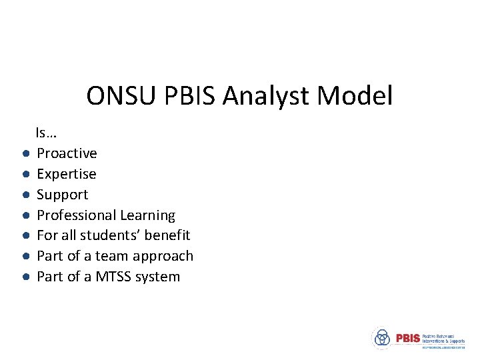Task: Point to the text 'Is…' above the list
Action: click(46, 133)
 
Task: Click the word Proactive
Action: click(67, 153)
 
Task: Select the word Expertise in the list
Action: click(66, 174)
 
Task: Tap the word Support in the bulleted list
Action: click(62, 195)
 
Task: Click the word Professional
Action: click(77, 215)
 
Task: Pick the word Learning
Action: click(148, 215)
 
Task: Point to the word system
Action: click(158, 277)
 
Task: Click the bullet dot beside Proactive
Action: click(24, 154)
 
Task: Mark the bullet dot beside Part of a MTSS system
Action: click(24, 277)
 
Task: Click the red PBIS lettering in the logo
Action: click(407, 338)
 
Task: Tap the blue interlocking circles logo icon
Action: click(382, 337)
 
